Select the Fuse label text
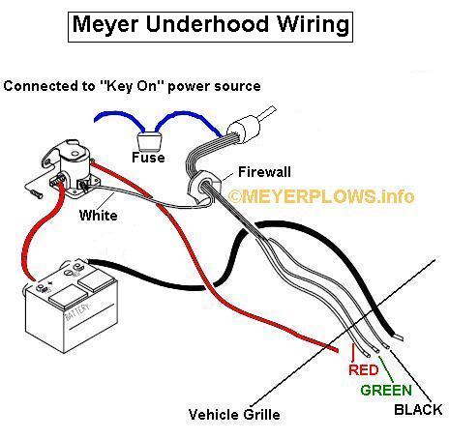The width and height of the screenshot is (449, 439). [148, 158]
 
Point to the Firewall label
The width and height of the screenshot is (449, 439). [264, 172]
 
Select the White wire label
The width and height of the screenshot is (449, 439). [99, 216]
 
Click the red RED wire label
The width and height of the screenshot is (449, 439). [364, 369]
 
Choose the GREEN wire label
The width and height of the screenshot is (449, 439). [386, 391]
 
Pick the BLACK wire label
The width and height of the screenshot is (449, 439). [418, 410]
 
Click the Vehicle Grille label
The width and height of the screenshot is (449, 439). [234, 415]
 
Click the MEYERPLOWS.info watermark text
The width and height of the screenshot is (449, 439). [321, 196]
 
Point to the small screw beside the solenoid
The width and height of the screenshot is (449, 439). [36, 194]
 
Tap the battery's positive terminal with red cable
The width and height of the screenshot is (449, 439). [41, 288]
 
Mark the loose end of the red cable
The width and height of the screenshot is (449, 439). [336, 349]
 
